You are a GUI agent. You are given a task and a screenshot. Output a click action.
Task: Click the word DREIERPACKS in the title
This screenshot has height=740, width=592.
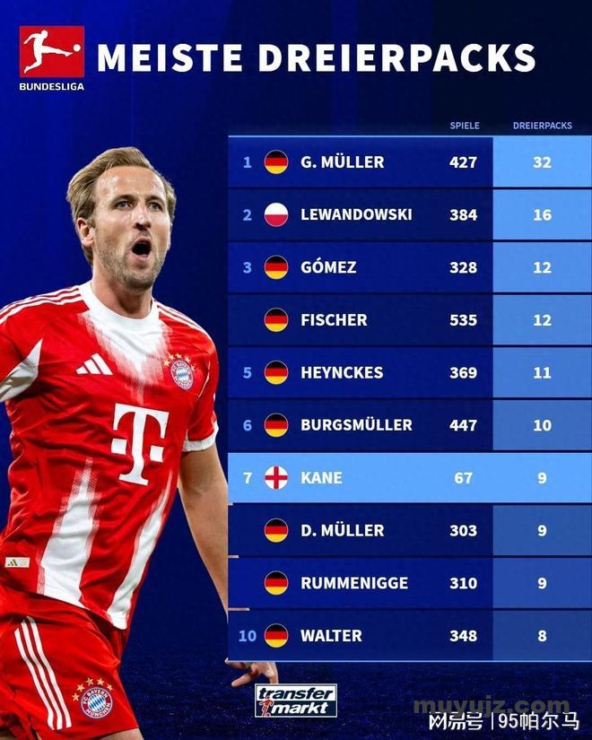[x=397, y=57]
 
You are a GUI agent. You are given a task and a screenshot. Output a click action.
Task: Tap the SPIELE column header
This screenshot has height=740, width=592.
[x=464, y=126]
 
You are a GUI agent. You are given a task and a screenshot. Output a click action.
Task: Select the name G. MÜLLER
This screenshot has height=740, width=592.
[x=342, y=162]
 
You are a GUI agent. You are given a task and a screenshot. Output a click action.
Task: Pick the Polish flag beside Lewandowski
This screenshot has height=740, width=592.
[x=276, y=215]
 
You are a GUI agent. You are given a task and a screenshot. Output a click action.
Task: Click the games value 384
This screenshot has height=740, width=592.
[x=463, y=215]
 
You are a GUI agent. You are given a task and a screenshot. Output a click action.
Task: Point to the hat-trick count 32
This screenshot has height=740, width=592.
[x=542, y=162]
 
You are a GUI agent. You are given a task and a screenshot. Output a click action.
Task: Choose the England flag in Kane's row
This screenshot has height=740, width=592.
[x=276, y=478]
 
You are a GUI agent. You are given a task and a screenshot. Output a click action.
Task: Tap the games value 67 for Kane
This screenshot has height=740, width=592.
[x=463, y=478]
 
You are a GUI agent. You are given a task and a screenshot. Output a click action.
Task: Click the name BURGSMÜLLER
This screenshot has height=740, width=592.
[x=356, y=425]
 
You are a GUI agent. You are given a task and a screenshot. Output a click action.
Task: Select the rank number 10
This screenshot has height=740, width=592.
[x=248, y=636]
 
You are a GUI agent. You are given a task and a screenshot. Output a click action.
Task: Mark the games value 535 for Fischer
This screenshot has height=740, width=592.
[x=463, y=320]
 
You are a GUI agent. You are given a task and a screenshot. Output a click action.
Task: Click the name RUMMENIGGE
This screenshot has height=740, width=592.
[x=353, y=583]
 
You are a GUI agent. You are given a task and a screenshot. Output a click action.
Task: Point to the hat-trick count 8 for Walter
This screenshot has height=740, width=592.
[x=542, y=636]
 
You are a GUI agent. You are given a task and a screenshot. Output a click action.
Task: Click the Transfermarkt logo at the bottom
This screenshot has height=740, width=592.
[x=295, y=701]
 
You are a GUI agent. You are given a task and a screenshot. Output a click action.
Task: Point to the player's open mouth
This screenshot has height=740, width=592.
[x=142, y=248]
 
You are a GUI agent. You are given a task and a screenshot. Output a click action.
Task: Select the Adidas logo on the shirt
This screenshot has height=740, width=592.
[x=93, y=365]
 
